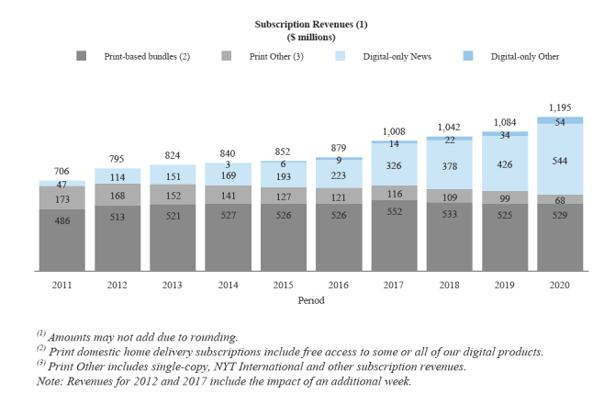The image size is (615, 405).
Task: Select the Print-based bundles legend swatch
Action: click(x=82, y=57)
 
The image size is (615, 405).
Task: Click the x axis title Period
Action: click(x=310, y=299)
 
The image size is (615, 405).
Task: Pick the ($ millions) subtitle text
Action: click(x=310, y=38)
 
